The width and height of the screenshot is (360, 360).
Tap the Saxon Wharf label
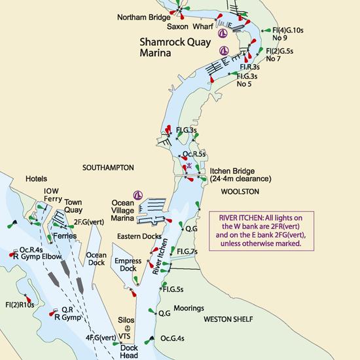coord(189,27)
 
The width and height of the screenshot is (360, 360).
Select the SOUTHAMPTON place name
coord(108,168)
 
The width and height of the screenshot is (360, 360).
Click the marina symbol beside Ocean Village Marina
coord(138,194)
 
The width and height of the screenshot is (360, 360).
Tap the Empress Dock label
coord(128,264)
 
